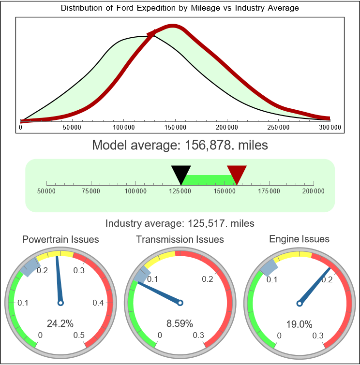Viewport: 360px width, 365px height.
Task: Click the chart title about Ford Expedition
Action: (x=180, y=8)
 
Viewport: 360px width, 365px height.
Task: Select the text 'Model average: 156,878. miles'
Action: (x=180, y=145)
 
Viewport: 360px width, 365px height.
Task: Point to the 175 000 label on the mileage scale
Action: (x=269, y=191)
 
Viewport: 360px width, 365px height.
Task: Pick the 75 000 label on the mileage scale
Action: (x=91, y=191)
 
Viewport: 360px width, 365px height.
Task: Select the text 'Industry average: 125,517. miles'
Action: (x=180, y=223)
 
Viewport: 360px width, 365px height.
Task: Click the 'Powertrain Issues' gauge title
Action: (x=60, y=239)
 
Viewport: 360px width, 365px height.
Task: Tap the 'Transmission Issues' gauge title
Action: (x=180, y=239)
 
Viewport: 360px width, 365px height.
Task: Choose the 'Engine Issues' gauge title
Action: (x=299, y=239)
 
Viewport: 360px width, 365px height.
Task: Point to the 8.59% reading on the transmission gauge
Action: (x=180, y=323)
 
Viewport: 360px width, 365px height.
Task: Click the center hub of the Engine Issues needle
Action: (x=299, y=303)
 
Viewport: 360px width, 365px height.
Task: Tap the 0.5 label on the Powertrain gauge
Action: (x=78, y=336)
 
